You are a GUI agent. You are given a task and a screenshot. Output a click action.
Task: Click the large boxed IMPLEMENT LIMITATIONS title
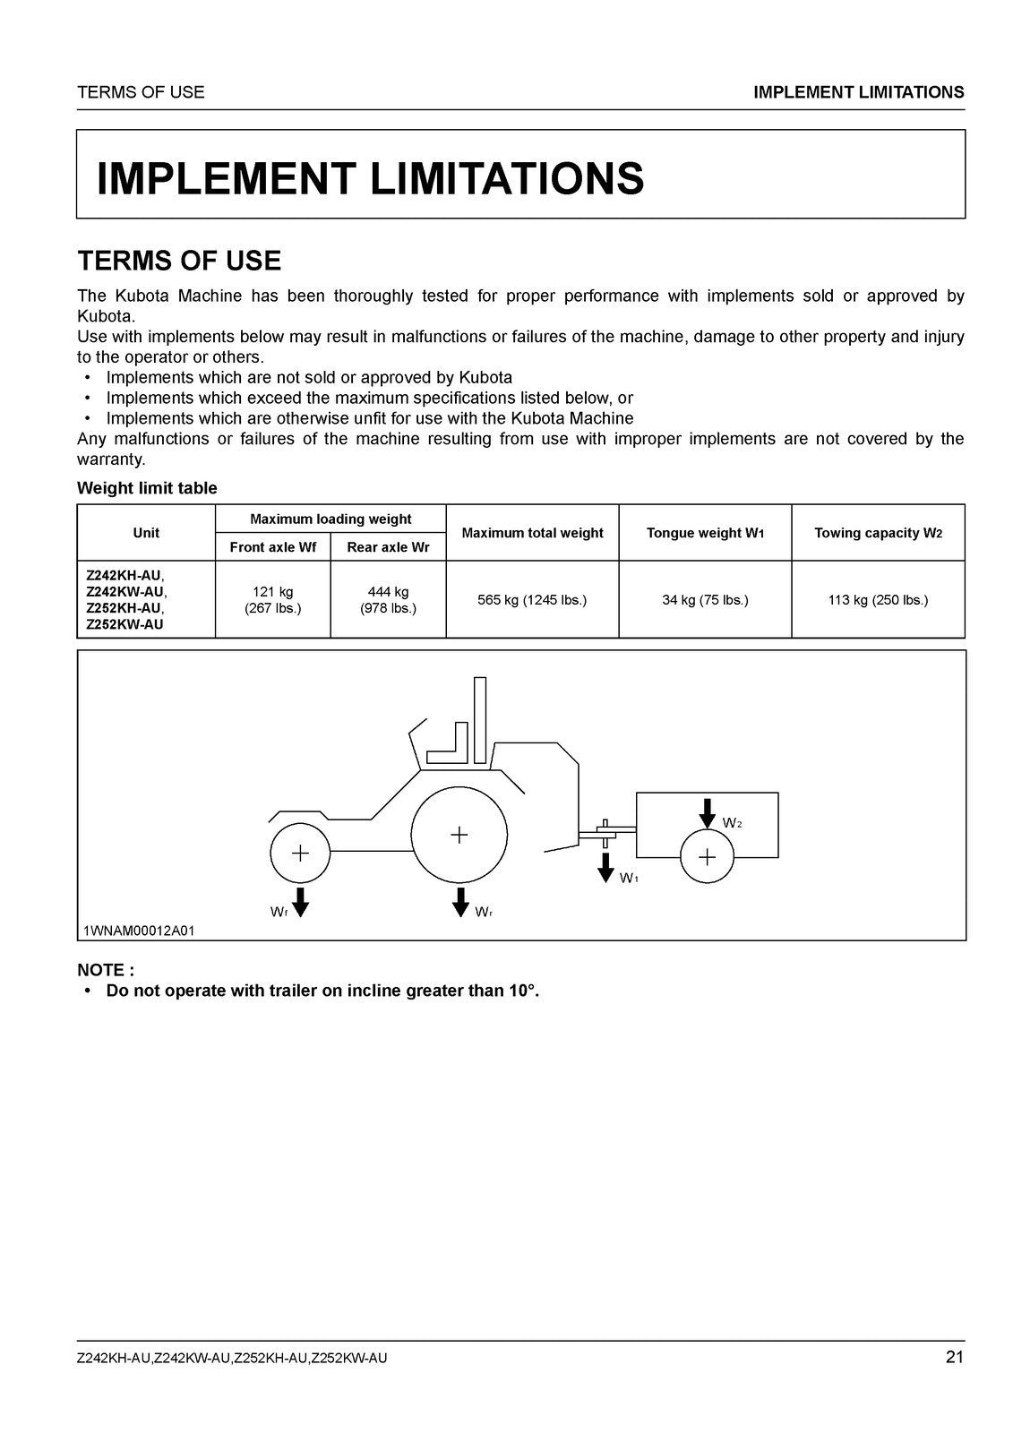pos(370,178)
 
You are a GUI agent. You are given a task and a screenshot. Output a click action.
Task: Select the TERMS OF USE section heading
pos(179,261)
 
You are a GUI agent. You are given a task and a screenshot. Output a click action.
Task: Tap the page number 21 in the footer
pos(954,1357)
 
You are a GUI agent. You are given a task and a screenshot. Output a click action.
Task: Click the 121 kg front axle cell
pos(272,600)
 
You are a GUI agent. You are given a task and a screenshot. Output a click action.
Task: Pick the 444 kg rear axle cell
pos(388,600)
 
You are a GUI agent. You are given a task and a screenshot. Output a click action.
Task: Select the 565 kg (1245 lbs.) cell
pos(532,600)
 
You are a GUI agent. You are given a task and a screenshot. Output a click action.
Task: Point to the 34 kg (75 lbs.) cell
pos(705,600)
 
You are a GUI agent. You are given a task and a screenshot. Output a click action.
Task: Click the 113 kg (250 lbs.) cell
pos(878,600)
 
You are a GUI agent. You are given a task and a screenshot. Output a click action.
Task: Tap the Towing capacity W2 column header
pos(878,533)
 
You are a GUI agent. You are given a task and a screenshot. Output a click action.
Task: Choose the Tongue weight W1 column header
pos(705,533)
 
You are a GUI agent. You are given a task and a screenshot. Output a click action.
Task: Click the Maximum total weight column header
pos(532,533)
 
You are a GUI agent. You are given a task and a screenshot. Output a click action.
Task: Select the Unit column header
pos(146,533)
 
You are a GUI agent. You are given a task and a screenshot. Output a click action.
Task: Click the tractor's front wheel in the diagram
pos(300,853)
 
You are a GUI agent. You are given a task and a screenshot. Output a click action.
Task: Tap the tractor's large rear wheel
pos(459,835)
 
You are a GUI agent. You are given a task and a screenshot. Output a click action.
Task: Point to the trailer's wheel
pos(707,857)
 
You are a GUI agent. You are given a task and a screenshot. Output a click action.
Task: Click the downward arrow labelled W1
pos(606,867)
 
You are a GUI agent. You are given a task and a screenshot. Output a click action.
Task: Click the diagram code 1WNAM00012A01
pos(139,931)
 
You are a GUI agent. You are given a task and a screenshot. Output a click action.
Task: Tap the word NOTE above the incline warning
pos(105,970)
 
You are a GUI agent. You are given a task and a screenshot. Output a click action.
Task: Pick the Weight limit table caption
pos(147,488)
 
